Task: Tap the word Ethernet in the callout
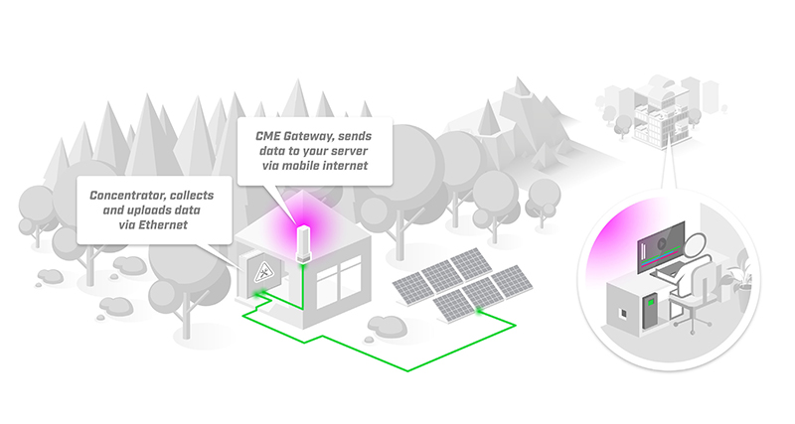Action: (x=163, y=225)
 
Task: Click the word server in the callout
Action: (x=350, y=151)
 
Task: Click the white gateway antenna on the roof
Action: (x=303, y=244)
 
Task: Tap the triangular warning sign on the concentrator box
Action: (x=263, y=273)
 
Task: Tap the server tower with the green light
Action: (x=650, y=311)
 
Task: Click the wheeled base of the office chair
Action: (x=692, y=321)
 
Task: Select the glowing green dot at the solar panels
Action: (x=478, y=310)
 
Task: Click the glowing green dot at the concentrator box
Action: (x=261, y=293)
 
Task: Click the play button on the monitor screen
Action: (x=661, y=243)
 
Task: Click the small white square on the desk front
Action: (x=623, y=314)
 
